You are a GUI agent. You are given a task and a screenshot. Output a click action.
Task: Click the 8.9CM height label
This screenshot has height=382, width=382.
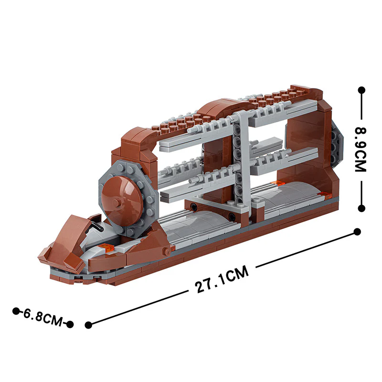point(361,149)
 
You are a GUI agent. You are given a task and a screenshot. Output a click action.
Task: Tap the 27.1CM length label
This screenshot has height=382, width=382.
point(222,279)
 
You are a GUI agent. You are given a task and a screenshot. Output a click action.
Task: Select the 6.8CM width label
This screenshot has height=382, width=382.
point(43,318)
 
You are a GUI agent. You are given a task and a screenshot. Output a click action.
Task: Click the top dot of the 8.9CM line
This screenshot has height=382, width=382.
point(361,90)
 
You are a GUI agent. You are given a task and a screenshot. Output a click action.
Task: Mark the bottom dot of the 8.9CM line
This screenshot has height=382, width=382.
point(362,208)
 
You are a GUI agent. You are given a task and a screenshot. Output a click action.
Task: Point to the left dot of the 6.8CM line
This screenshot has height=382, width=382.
point(16,311)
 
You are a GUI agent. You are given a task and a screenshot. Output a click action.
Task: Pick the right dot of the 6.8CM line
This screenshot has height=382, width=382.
point(70,324)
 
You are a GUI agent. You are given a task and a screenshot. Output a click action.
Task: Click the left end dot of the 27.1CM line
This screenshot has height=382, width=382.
point(88,325)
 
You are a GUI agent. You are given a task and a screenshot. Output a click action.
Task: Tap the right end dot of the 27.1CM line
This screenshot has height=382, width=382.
point(357,232)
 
